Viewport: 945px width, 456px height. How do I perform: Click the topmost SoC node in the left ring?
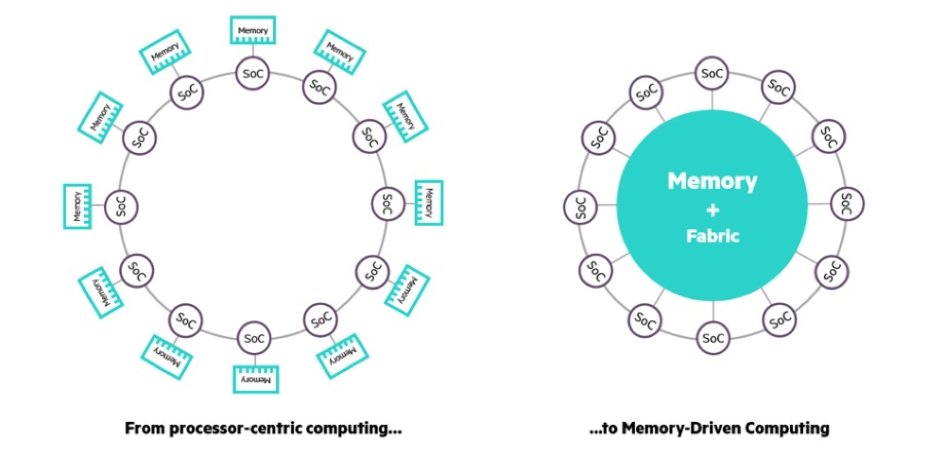tap(253, 74)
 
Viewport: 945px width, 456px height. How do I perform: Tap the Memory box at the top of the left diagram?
tap(253, 31)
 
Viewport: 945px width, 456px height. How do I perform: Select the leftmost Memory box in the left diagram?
tap(77, 206)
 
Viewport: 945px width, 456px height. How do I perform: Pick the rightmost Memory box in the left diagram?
tap(429, 202)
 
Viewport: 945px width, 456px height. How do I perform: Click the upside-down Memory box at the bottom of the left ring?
tap(256, 379)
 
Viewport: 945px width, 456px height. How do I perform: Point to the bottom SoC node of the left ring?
tap(254, 338)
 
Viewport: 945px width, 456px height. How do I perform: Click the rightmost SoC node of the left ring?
tap(388, 203)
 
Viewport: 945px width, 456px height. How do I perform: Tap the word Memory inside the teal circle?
tap(712, 181)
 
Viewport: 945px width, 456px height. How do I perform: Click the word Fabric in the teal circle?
tap(712, 236)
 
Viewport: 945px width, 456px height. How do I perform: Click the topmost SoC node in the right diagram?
tap(712, 73)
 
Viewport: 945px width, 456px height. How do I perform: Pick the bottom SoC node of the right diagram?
tap(713, 338)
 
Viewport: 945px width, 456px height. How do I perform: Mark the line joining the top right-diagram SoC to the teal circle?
tap(712, 99)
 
